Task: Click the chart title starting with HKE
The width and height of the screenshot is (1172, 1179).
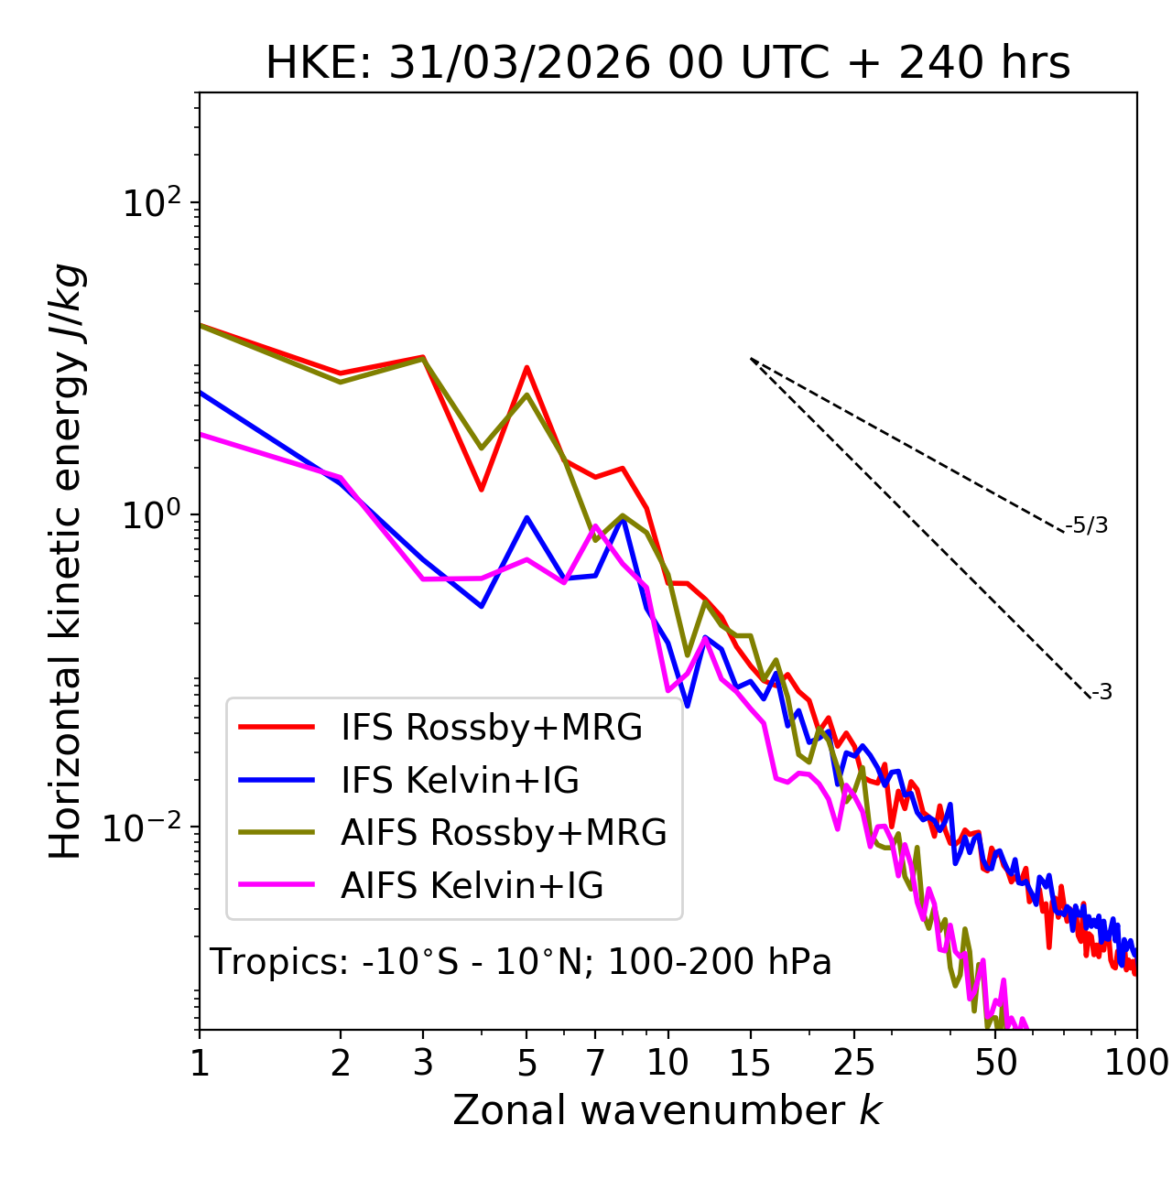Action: point(667,63)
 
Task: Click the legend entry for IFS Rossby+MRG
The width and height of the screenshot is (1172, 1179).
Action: point(491,727)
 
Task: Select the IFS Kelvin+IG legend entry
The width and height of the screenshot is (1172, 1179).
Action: point(460,780)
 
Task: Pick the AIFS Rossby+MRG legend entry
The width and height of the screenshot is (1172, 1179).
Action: point(503,833)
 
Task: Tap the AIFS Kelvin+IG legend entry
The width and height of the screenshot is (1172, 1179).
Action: point(472,886)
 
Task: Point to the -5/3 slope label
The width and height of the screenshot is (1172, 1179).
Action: point(1087,525)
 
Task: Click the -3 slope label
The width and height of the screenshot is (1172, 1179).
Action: point(1101,692)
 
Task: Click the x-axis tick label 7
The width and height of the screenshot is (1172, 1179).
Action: point(595,1063)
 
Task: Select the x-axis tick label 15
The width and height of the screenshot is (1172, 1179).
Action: point(750,1063)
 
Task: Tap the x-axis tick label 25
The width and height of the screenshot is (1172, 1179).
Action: point(854,1063)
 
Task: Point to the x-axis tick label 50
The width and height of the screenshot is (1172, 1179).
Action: point(995,1063)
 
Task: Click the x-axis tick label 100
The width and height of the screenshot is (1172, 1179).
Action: point(1136,1063)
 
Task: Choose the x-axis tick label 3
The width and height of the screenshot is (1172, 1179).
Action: point(423,1063)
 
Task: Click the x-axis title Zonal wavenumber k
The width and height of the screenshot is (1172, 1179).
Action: point(667,1110)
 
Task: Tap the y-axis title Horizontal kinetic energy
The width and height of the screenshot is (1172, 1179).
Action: point(67,562)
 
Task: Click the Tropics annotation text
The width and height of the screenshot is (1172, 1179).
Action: point(521,962)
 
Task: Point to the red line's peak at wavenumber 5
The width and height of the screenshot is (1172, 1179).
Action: point(526,367)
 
